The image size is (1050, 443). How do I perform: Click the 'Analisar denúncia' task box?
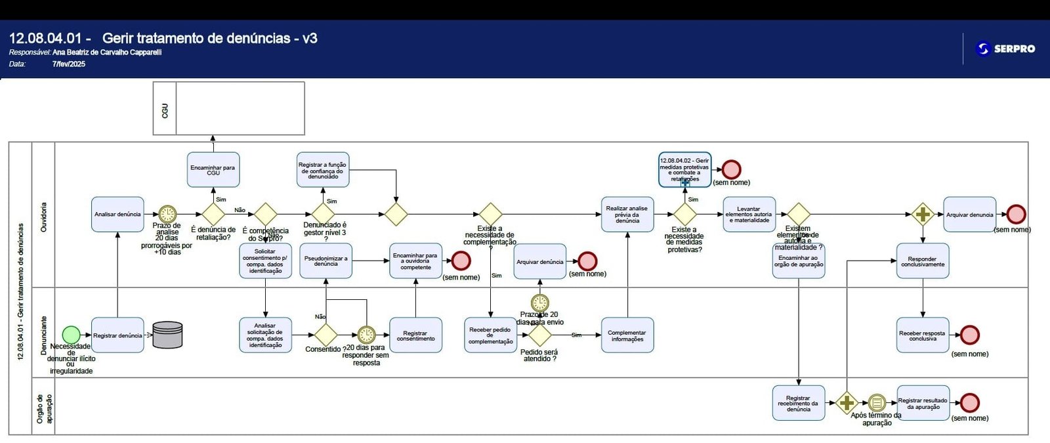coord(117,215)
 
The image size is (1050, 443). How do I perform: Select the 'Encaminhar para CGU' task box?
coord(213,170)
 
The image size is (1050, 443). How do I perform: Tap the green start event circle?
coord(71,335)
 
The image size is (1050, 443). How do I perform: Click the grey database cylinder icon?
coord(167,335)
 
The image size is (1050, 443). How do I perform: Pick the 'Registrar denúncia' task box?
coord(117,335)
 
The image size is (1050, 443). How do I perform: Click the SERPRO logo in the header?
coord(1005,49)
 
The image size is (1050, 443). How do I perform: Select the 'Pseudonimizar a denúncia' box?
coord(325,261)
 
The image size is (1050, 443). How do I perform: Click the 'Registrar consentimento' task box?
coord(415,335)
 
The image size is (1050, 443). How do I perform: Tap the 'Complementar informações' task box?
coord(627,335)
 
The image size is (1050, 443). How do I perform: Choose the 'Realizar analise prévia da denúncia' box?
coord(627,215)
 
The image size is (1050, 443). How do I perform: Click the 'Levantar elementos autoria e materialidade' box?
coord(749,215)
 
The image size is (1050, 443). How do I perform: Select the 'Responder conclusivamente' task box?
coord(922,261)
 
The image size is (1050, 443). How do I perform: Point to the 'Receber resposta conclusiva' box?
coord(922,335)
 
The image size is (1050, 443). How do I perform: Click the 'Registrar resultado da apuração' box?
coord(923,403)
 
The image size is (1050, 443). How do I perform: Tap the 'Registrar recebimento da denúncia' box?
coord(798,403)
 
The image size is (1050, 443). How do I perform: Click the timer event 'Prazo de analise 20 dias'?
coord(167,214)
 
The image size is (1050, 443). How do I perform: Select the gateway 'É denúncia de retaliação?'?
coord(213,214)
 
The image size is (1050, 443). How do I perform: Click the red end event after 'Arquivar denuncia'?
coord(1016,214)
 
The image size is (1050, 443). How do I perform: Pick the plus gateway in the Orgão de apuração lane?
coord(847,402)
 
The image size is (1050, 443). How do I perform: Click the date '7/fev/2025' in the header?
coord(69,64)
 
